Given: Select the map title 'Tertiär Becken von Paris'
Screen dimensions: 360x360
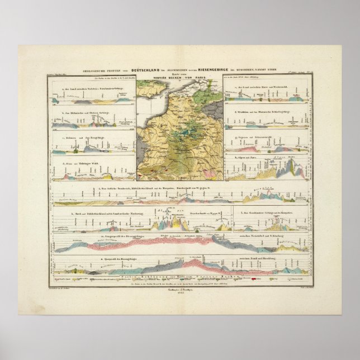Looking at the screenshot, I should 180,78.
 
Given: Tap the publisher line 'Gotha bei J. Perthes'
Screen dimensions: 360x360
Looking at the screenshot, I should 180,289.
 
